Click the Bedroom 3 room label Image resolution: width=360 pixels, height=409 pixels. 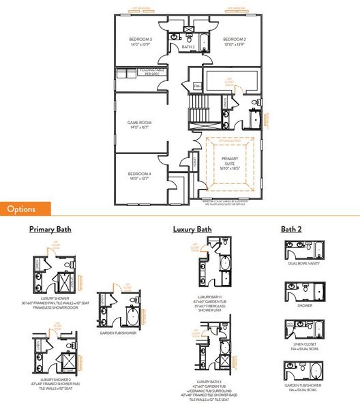(x=141, y=42)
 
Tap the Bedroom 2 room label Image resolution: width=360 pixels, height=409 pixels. (x=234, y=42)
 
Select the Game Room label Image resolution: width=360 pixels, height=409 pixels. (x=138, y=125)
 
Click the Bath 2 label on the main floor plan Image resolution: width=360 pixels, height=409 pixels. (x=188, y=47)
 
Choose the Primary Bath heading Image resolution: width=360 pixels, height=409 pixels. (x=50, y=230)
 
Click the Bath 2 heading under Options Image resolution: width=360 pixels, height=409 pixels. (x=294, y=230)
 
